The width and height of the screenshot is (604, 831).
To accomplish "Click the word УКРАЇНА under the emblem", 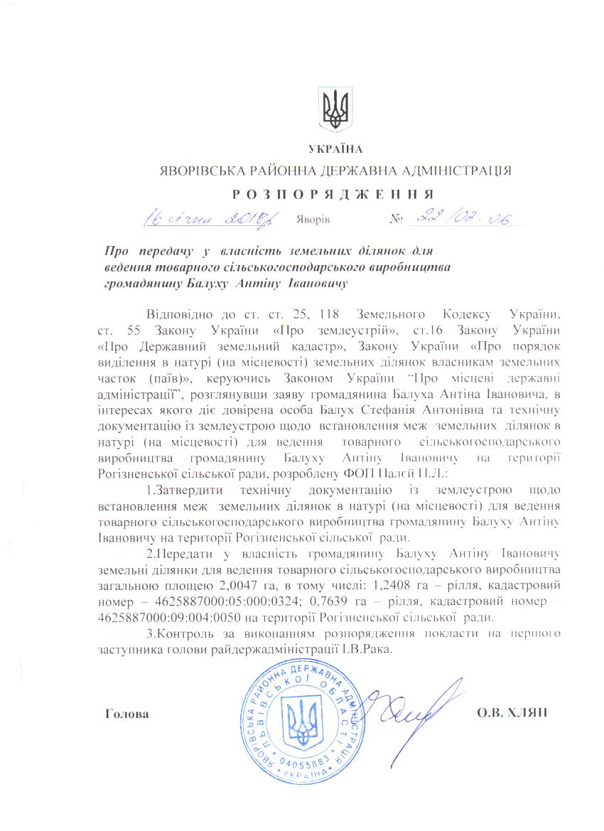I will (335, 149).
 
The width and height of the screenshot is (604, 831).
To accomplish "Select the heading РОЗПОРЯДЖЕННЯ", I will (335, 193).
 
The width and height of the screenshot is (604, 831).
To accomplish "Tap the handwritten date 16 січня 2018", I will (212, 217).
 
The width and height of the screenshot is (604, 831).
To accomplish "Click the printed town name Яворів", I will (313, 218).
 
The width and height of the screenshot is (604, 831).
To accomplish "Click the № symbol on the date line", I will (396, 218).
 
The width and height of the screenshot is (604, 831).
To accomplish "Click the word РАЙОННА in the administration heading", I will (273, 171).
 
